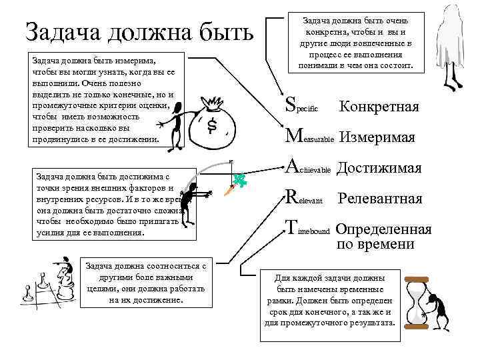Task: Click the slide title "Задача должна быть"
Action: click(139, 31)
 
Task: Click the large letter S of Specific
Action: click(290, 104)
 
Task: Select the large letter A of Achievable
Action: click(291, 167)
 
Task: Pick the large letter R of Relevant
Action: click(291, 198)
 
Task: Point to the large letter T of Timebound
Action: click(290, 229)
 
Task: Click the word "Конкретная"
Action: click(379, 107)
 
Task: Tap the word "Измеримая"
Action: click(377, 137)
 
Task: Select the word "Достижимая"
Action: click(379, 168)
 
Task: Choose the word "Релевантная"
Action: click(380, 199)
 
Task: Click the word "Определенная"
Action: click(383, 229)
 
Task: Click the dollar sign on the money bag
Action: click(211, 125)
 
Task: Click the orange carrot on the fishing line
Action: click(228, 191)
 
